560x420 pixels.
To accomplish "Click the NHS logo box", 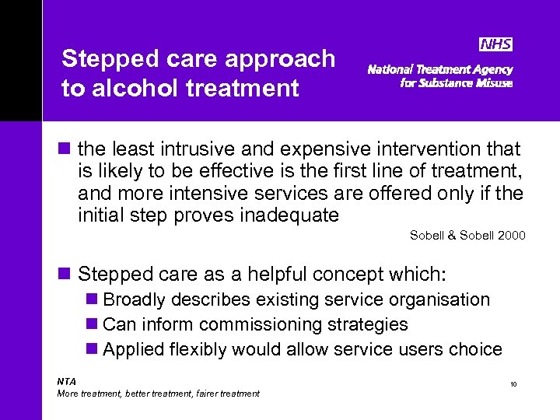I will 495,45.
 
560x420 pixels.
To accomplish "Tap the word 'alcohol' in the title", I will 131,88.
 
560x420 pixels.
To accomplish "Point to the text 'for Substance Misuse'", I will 456,83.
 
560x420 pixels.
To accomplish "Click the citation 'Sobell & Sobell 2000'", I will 467,235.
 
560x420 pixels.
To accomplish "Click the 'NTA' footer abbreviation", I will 67,381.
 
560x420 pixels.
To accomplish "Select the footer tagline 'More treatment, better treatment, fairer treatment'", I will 159,394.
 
